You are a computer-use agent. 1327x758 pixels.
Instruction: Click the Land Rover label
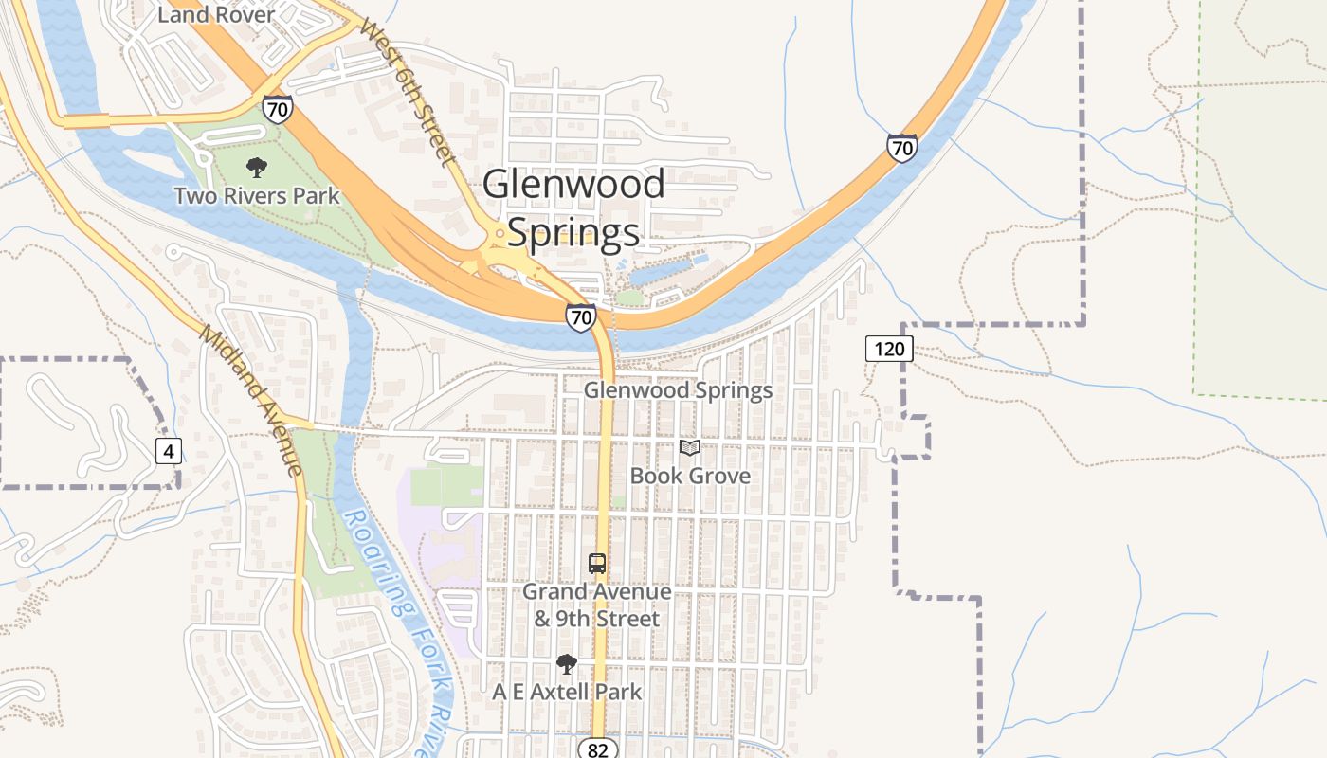click(216, 14)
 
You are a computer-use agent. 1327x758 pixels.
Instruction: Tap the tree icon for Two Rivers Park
click(256, 169)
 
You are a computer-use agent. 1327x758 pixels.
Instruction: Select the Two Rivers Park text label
click(257, 196)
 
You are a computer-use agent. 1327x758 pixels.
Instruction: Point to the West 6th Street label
click(409, 90)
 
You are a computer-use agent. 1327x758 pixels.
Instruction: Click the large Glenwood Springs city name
click(573, 208)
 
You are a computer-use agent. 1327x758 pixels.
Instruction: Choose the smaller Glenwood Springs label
click(678, 390)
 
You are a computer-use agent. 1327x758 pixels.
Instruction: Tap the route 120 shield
click(889, 349)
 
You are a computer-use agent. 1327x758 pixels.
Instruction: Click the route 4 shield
click(168, 451)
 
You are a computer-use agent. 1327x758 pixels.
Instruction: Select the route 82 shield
click(597, 749)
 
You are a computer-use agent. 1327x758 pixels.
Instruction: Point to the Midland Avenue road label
click(251, 401)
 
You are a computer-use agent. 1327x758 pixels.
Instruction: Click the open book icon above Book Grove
click(690, 448)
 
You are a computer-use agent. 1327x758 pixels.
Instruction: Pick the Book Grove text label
click(690, 476)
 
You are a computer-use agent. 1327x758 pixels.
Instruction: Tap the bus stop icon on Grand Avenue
click(597, 564)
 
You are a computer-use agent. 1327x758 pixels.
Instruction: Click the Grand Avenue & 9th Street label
click(597, 605)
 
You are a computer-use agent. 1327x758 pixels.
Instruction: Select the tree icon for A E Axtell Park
click(567, 664)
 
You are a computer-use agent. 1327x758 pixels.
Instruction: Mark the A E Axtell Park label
click(567, 693)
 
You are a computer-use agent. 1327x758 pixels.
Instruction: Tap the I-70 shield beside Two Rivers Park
click(278, 109)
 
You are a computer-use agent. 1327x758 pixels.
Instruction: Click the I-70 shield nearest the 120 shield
click(902, 147)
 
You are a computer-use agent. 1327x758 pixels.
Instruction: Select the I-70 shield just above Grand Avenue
click(580, 316)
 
